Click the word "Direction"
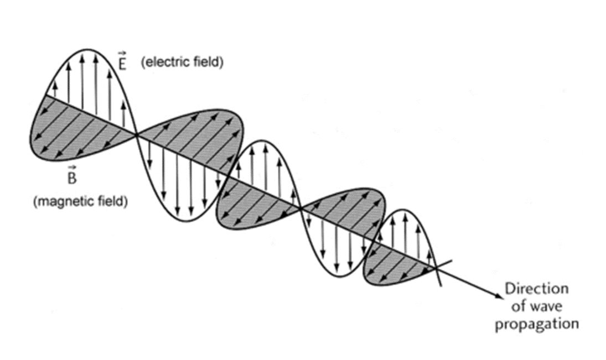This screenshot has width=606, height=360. (536, 289)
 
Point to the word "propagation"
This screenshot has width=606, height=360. (536, 323)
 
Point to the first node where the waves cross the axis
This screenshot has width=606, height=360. (137, 134)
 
